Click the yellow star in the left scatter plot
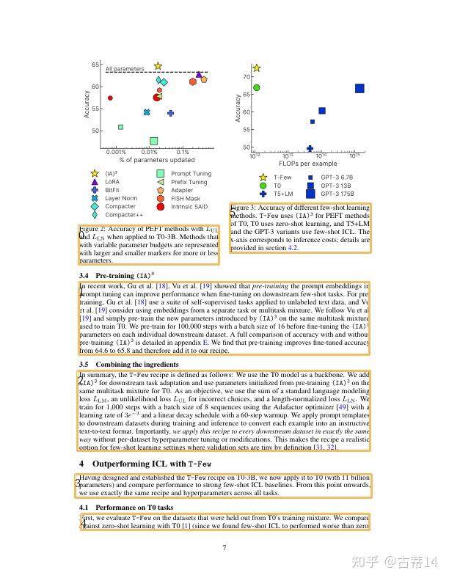pos(158,65)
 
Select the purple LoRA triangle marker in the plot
pos(199,75)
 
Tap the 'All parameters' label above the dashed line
pos(125,69)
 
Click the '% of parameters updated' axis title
pos(157,160)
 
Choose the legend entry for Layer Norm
pos(120,198)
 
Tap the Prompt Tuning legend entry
pos(190,174)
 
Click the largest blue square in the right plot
pos(359,89)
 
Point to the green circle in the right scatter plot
pos(257,87)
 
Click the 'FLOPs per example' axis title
pos(308,164)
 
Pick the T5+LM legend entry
pos(282,194)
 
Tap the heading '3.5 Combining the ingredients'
pos(128,364)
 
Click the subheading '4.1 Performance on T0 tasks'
pos(125,507)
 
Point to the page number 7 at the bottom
pos(224,548)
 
